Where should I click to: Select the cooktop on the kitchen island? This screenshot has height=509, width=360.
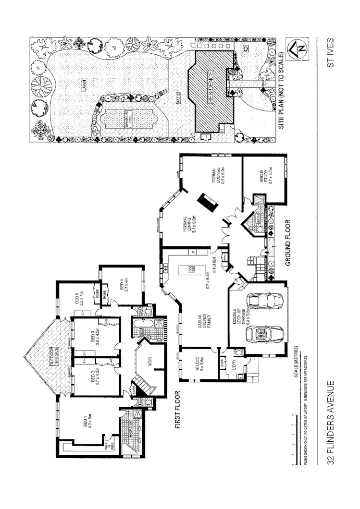pyautogui.click(x=191, y=270)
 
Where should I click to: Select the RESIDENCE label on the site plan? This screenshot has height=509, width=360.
pyautogui.click(x=211, y=87)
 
